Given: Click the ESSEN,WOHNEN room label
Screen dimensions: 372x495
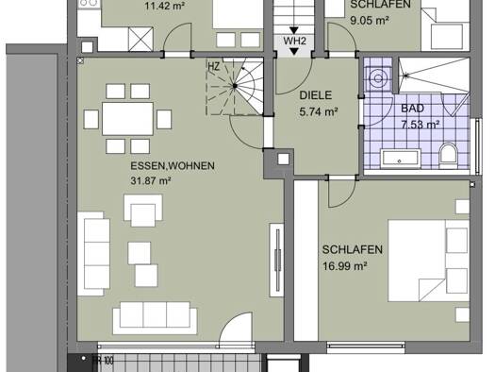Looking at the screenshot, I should [x=173, y=166].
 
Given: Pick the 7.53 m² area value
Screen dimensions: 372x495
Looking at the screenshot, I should [x=420, y=124].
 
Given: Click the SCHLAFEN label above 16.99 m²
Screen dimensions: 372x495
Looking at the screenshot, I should [x=351, y=250].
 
